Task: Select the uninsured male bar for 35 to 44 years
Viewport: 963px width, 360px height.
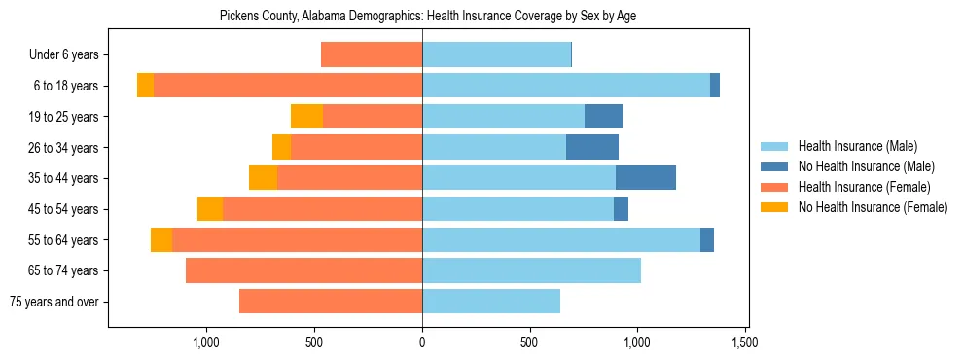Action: click(646, 178)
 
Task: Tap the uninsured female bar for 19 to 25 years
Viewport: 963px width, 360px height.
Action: click(306, 117)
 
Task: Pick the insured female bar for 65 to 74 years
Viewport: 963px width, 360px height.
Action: click(303, 270)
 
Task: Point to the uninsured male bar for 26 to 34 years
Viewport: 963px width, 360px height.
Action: click(592, 148)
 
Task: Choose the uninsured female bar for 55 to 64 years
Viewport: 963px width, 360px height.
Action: click(161, 240)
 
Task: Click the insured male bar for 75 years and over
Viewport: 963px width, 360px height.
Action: click(491, 302)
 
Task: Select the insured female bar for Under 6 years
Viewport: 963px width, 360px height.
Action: click(372, 55)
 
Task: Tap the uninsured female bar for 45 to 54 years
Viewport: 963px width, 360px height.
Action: click(210, 209)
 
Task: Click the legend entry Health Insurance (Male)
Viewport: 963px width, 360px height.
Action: click(857, 146)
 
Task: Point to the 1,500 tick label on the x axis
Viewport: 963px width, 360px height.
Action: click(745, 342)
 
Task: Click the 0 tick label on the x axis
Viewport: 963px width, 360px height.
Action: click(422, 342)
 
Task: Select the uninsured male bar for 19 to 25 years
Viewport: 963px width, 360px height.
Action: click(603, 117)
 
